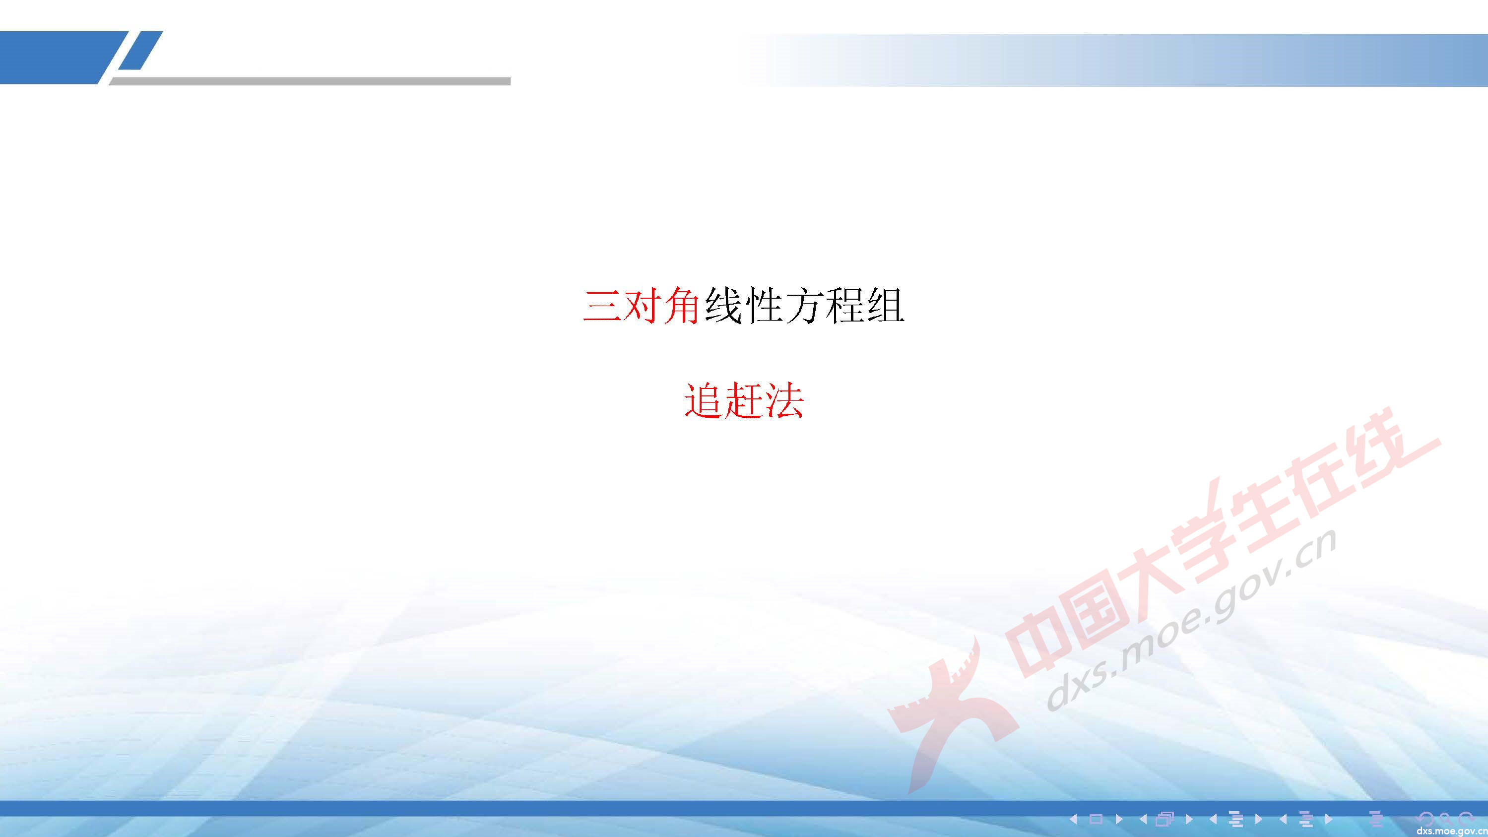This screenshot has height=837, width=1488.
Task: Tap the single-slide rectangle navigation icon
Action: coord(1096,819)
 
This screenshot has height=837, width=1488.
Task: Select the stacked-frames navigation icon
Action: coord(1165,819)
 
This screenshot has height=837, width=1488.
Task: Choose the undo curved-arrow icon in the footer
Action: coord(1425,819)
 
